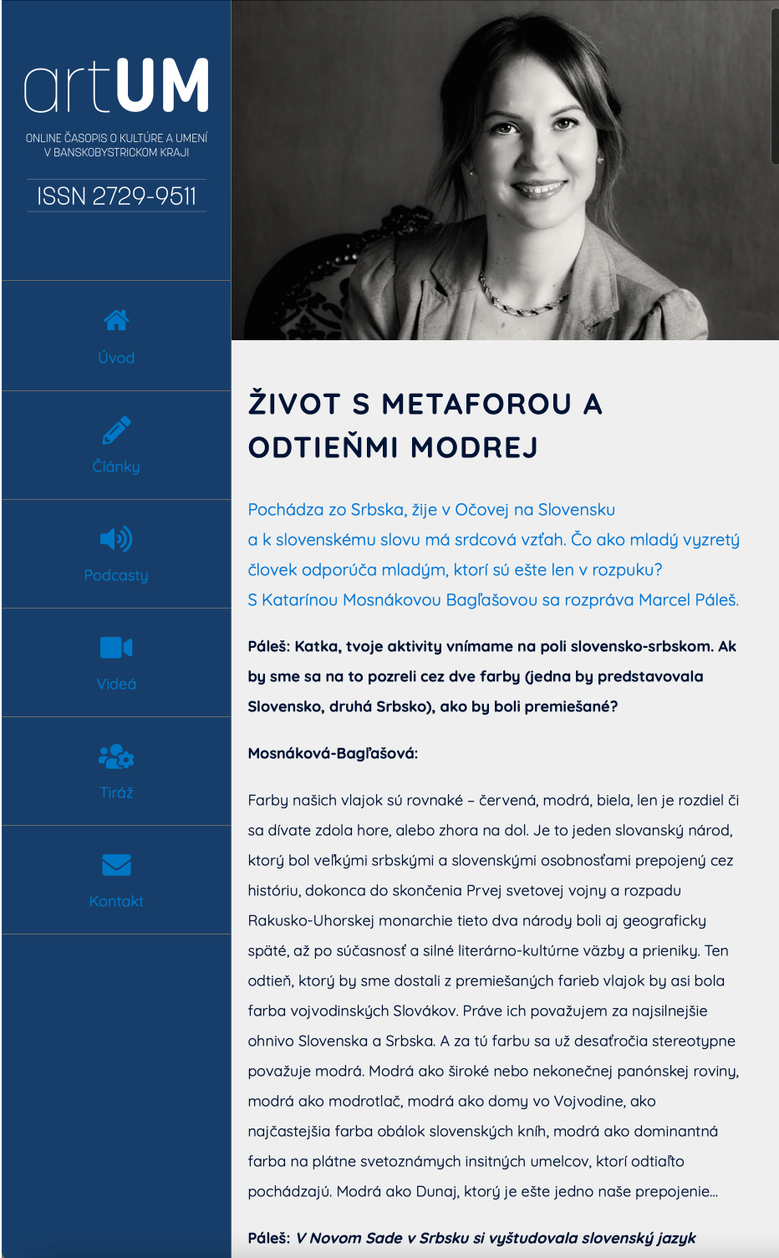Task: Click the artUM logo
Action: coord(116,85)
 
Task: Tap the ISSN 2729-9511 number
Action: coord(116,196)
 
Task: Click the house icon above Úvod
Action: coord(116,320)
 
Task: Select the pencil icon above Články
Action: coord(116,430)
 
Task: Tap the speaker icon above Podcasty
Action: coord(116,539)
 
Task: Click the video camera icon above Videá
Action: coord(116,648)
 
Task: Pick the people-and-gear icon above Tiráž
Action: coord(116,756)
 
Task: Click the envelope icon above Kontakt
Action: coord(116,865)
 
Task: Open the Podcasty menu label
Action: coord(116,575)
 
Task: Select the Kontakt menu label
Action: coord(116,901)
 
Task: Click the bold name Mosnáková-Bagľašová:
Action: coord(333,753)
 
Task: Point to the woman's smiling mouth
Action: coord(538,189)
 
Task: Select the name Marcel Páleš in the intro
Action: coord(688,600)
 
